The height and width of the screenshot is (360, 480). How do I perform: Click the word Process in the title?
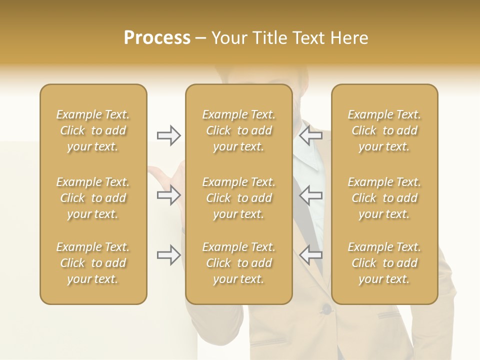[157, 38]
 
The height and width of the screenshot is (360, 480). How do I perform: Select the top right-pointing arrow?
[168, 135]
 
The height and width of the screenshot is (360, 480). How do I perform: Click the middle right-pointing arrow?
[168, 195]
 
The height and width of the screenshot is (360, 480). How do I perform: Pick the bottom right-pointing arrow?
[168, 255]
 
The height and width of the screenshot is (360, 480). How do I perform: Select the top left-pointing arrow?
[310, 135]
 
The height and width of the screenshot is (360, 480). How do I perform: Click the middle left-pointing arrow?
[310, 195]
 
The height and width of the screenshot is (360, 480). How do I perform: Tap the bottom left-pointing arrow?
[310, 255]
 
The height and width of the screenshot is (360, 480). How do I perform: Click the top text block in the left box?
[93, 130]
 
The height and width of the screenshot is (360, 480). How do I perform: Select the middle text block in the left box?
[93, 198]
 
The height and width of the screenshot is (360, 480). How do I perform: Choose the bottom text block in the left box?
[93, 263]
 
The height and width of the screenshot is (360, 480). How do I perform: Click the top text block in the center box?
[238, 130]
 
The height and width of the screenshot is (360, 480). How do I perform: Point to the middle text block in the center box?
[238, 198]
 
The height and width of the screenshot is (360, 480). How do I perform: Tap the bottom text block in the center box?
[238, 263]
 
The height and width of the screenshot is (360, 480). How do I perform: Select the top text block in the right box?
[384, 130]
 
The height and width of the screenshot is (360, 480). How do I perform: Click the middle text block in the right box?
[384, 198]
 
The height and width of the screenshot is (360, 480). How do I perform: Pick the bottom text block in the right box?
[384, 263]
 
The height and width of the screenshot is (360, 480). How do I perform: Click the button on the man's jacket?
[326, 309]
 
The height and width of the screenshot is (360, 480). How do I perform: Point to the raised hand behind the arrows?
[165, 175]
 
